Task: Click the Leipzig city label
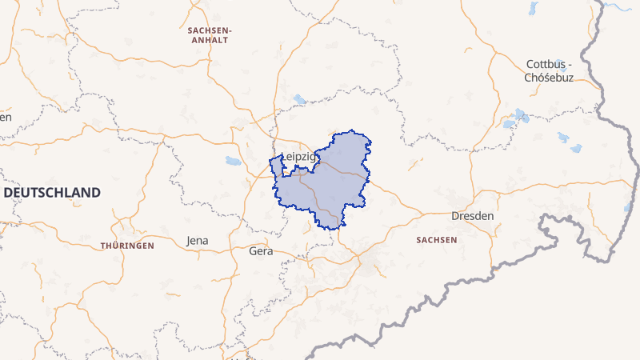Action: (x=300, y=157)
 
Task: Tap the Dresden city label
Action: (x=472, y=216)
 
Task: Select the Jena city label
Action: (x=197, y=240)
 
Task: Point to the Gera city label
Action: (x=262, y=250)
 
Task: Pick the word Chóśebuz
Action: (x=550, y=78)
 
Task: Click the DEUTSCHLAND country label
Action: (x=53, y=193)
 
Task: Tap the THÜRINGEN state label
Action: (x=127, y=246)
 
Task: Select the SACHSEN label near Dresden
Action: (x=437, y=240)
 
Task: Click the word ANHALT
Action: (x=208, y=39)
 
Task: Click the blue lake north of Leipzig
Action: (x=299, y=100)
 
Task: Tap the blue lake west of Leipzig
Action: (x=233, y=161)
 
